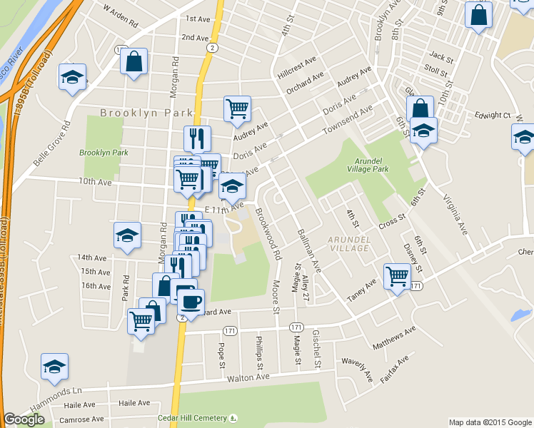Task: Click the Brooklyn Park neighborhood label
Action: click(146, 113)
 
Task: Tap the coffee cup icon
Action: click(190, 302)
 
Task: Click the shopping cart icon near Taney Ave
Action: click(397, 276)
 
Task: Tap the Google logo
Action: click(24, 419)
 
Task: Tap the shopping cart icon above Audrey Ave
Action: click(237, 109)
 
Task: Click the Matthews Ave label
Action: click(393, 338)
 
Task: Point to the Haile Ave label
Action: click(79, 404)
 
